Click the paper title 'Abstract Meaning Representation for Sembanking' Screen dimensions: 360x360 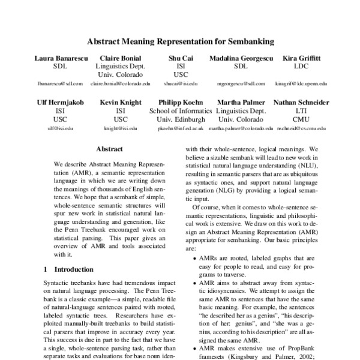(x=181, y=42)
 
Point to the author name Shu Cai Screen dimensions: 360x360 (x=181, y=58)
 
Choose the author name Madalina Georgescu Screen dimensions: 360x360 (x=241, y=58)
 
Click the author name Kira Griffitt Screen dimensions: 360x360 (x=302, y=58)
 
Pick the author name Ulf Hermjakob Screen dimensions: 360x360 (x=60, y=103)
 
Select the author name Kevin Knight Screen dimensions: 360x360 (x=121, y=103)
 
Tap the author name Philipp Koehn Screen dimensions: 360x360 (x=181, y=103)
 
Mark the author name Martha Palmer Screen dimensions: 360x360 (x=241, y=103)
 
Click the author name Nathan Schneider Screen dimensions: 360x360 (x=301, y=103)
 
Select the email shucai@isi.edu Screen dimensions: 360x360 (x=181, y=84)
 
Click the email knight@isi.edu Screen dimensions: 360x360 (x=121, y=128)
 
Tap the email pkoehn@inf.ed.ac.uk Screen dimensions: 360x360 (x=181, y=128)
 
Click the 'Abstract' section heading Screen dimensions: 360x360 (x=109, y=149)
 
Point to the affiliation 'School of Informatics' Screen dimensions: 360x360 (x=181, y=111)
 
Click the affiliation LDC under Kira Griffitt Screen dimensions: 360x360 (x=301, y=66)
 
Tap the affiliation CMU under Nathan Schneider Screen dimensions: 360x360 (x=301, y=119)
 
